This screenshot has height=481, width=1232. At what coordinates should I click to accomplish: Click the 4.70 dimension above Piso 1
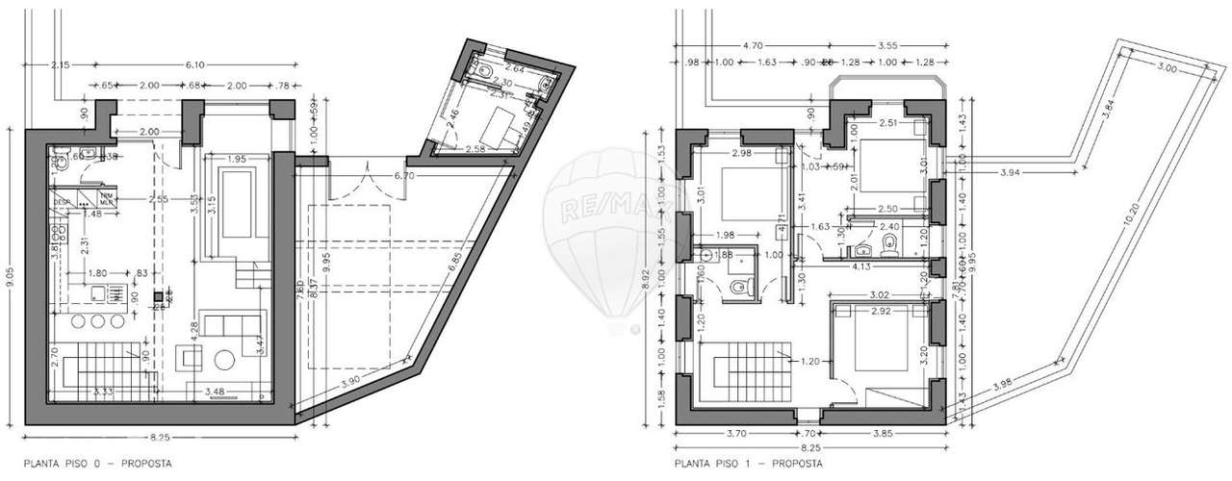tap(753, 44)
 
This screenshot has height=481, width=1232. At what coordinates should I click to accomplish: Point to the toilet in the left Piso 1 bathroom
tap(736, 286)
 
